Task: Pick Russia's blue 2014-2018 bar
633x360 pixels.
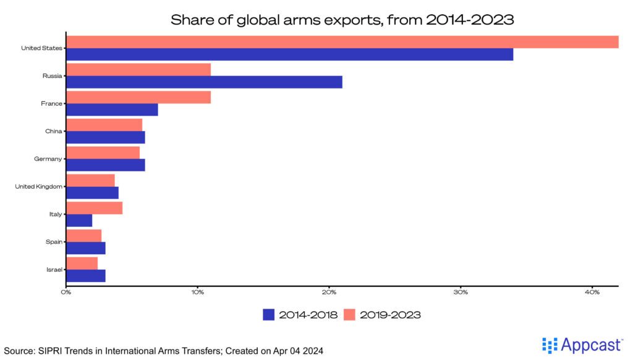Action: (204, 82)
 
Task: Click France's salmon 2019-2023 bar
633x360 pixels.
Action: (138, 97)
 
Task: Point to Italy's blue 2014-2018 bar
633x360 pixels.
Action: (79, 220)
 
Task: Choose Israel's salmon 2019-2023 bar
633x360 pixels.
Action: (82, 263)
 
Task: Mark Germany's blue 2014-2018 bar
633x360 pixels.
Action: (106, 165)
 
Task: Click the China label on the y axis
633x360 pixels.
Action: (53, 131)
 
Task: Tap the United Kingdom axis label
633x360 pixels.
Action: (38, 186)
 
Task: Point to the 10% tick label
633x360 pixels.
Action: (197, 292)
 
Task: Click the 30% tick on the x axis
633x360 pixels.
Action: (461, 292)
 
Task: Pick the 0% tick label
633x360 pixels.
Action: (66, 292)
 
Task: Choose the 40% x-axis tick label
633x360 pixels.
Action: (592, 292)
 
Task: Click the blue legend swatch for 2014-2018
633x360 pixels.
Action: (268, 315)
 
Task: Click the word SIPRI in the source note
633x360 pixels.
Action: (50, 351)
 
